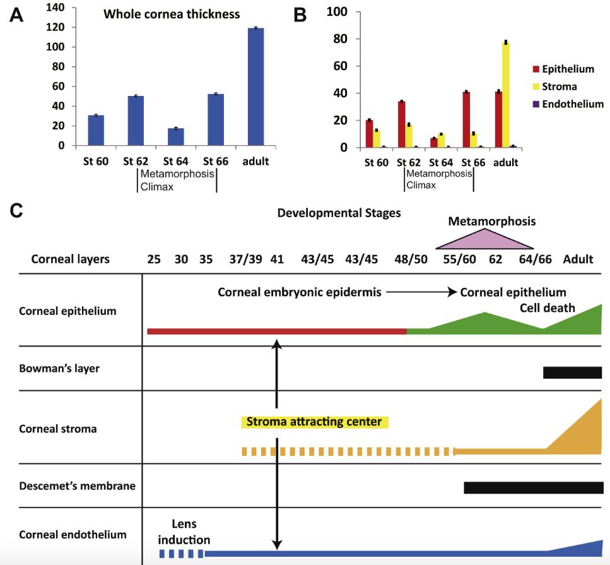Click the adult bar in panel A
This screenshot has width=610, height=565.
(255, 86)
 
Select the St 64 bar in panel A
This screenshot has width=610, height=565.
(175, 137)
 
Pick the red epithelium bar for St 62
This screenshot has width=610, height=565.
(401, 124)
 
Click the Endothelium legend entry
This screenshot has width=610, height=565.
(565, 104)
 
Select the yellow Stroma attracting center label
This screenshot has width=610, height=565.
(315, 422)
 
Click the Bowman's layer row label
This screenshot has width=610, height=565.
(59, 367)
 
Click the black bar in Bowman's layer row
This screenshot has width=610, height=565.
(572, 372)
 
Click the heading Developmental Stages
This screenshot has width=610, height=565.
(339, 213)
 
